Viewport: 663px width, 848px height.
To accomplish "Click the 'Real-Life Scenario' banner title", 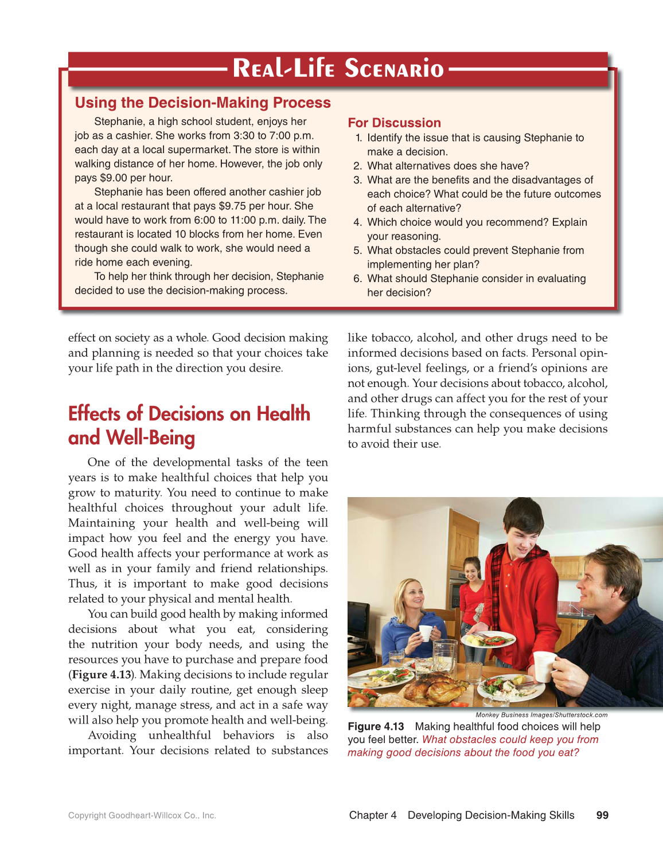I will tap(338, 68).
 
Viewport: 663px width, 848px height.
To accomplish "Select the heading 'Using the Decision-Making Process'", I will tap(202, 103).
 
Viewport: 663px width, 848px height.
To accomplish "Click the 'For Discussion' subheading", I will tap(394, 123).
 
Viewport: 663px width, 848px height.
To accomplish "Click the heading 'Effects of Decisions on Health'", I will tap(189, 414).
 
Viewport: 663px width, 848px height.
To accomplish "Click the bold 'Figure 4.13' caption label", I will tap(376, 726).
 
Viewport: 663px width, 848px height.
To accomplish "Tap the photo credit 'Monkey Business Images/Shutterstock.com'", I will tap(541, 715).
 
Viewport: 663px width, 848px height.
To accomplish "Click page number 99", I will tap(602, 815).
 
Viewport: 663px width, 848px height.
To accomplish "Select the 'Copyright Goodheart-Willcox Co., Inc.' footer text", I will tap(142, 815).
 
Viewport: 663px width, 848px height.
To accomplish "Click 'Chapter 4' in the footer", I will tap(372, 815).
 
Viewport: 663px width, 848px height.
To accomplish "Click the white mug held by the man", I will tap(544, 666).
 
